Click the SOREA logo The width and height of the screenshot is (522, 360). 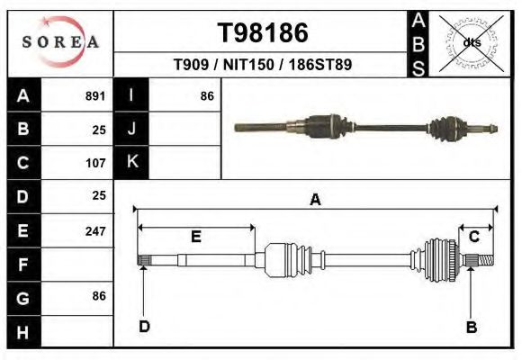point(59,41)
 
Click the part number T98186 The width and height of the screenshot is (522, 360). point(263,33)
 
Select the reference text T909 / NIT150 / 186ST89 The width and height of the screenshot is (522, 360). point(262,65)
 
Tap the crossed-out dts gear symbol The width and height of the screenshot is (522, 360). point(471,42)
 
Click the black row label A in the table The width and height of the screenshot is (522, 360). point(23,95)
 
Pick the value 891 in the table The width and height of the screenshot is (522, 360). point(95,95)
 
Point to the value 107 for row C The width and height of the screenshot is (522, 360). point(95,163)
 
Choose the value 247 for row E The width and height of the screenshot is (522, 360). point(95,230)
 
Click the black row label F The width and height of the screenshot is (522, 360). point(23,265)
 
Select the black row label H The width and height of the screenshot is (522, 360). point(23,331)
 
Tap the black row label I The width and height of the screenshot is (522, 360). point(131,95)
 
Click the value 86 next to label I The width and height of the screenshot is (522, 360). point(206,95)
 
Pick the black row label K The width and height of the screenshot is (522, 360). point(131,163)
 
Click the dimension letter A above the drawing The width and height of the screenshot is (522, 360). point(315,200)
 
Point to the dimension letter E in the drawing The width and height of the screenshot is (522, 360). point(195,236)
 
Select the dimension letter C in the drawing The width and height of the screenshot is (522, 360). point(473,236)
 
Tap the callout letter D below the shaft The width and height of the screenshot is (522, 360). point(144,326)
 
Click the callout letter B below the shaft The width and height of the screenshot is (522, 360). point(471,326)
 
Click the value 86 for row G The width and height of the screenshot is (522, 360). point(98,296)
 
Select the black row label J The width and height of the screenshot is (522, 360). point(131,129)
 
